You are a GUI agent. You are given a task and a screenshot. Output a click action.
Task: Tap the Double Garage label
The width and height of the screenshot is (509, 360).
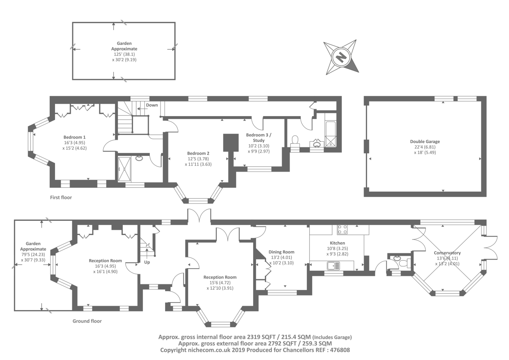425,141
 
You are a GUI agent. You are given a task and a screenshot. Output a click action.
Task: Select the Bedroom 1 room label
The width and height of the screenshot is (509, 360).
74,137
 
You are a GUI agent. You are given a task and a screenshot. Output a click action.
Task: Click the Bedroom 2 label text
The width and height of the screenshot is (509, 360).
198,153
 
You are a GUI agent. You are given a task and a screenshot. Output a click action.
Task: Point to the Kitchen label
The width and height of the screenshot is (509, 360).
338,243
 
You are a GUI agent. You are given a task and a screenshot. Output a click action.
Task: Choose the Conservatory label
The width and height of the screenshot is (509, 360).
447,253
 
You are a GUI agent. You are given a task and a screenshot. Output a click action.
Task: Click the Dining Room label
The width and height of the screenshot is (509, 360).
281,252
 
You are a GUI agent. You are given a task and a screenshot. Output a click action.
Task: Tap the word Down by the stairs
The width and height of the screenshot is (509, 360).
152,105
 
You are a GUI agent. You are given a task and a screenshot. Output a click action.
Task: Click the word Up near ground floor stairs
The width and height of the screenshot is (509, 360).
147,262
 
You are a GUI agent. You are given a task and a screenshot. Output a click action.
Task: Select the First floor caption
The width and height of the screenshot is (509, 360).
61,197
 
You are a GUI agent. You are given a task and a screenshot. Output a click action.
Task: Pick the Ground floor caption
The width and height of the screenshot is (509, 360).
87,321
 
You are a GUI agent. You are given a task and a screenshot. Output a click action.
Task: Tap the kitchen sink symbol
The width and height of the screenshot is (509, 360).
334,265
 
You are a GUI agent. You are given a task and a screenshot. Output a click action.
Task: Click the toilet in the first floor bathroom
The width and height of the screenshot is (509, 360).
295,140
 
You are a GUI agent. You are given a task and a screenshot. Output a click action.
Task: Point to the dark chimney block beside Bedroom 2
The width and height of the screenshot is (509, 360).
231,143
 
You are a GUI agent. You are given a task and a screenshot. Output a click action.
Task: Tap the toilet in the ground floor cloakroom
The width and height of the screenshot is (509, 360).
405,263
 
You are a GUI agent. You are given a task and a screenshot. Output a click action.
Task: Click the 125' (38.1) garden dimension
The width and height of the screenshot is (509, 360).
124,54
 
